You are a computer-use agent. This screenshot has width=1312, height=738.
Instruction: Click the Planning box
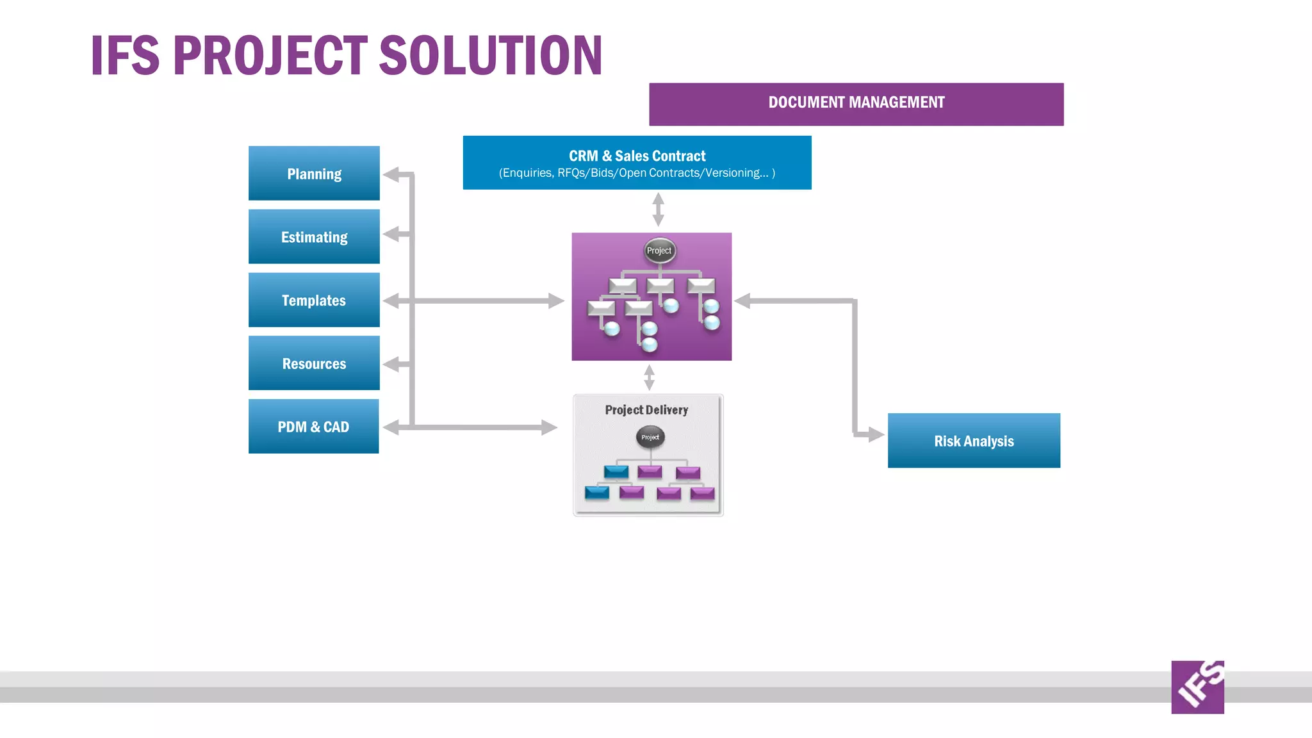pos(314,174)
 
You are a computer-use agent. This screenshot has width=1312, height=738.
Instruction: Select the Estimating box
pos(314,237)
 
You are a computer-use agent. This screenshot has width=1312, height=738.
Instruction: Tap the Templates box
pos(314,300)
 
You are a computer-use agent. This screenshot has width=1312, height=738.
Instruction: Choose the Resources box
pos(314,363)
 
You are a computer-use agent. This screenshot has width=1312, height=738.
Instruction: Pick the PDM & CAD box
pos(313,427)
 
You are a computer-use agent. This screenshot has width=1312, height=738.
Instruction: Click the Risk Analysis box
pos(974,441)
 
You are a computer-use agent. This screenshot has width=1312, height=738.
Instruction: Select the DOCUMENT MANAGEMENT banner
pos(856,103)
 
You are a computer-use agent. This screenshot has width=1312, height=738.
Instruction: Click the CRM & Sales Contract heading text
pos(637,156)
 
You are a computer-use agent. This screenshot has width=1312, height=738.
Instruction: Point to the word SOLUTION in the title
pos(491,56)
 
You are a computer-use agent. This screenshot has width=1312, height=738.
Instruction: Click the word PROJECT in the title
pos(270,56)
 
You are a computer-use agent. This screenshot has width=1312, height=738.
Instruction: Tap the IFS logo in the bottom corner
pos(1197,687)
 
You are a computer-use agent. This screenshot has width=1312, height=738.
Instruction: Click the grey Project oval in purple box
pos(659,250)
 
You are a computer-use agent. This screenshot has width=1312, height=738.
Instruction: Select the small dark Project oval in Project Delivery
pos(650,437)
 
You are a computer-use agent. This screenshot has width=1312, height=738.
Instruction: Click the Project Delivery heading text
pos(646,410)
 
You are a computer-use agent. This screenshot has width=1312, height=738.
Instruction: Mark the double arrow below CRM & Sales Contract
pos(658,209)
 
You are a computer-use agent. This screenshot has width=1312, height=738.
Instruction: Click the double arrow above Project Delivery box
pos(649,377)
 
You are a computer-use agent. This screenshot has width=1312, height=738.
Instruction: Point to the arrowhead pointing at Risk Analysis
pos(876,434)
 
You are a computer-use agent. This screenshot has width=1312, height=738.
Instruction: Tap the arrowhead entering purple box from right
pos(742,300)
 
